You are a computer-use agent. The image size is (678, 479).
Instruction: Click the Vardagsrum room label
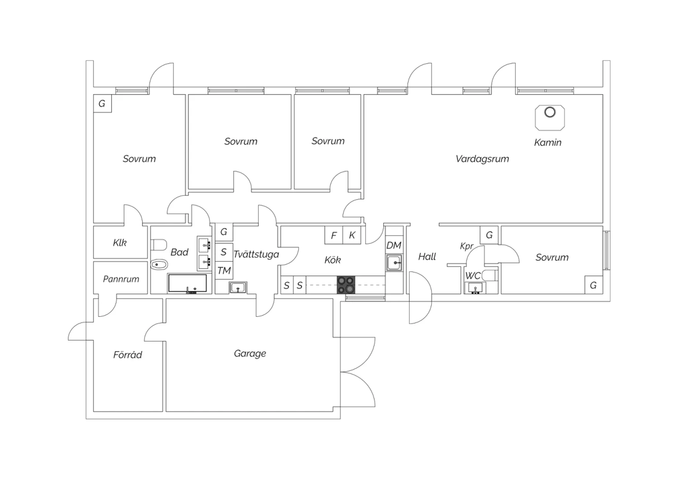pyautogui.click(x=482, y=159)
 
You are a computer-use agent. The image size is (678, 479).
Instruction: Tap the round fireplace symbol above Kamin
pyautogui.click(x=550, y=112)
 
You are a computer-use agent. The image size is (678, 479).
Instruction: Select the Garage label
pyautogui.click(x=250, y=353)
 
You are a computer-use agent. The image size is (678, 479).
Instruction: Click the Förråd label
pyautogui.click(x=127, y=355)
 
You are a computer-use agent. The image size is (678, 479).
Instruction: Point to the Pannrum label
pyautogui.click(x=121, y=279)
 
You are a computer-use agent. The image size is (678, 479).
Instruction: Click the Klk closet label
pyautogui.click(x=120, y=243)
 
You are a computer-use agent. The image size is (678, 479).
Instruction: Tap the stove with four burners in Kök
pyautogui.click(x=346, y=285)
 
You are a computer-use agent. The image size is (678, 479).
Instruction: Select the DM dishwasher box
pyautogui.click(x=394, y=245)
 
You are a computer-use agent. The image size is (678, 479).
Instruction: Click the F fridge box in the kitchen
pyautogui.click(x=334, y=235)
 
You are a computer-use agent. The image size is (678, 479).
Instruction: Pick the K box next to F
pyautogui.click(x=352, y=235)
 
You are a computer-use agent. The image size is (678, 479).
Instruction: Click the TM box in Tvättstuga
pyautogui.click(x=224, y=271)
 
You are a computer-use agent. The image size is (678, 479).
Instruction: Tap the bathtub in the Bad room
pyautogui.click(x=187, y=283)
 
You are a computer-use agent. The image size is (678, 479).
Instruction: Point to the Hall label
pyautogui.click(x=427, y=257)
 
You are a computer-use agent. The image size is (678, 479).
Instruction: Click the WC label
pyautogui.click(x=472, y=276)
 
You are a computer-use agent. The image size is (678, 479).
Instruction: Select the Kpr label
pyautogui.click(x=466, y=246)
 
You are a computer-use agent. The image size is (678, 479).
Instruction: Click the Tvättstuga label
pyautogui.click(x=256, y=254)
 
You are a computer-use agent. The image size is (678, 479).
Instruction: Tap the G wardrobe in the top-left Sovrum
pyautogui.click(x=102, y=103)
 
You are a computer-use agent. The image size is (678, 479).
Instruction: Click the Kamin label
pyautogui.click(x=547, y=143)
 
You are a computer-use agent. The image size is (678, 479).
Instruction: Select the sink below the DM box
pyautogui.click(x=394, y=262)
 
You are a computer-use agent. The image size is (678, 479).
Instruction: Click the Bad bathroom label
pyautogui.click(x=179, y=252)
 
